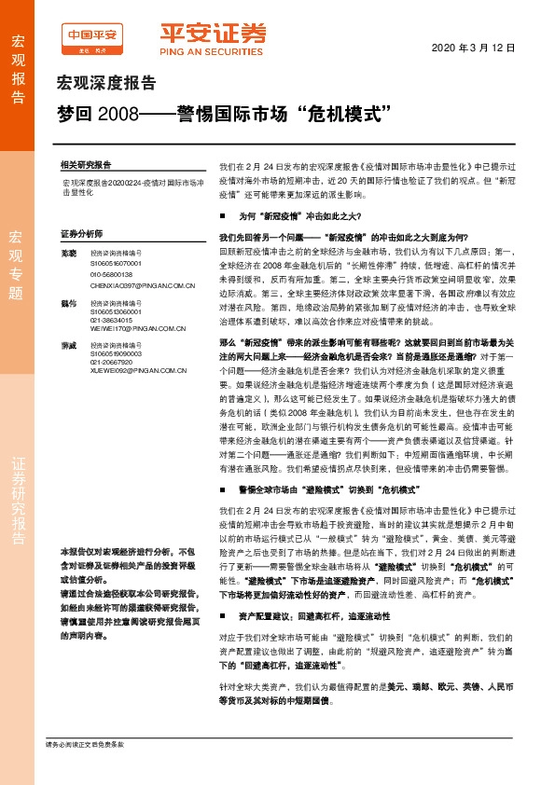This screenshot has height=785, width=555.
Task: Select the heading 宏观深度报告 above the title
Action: pos(107,82)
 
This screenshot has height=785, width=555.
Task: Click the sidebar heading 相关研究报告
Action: pos(85,162)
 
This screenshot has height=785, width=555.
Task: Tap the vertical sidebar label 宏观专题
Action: pos(16,252)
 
